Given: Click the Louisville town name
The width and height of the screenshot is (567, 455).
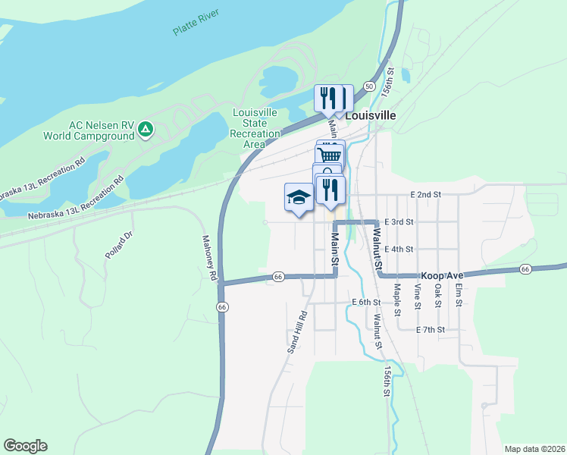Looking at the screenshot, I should click(x=371, y=117).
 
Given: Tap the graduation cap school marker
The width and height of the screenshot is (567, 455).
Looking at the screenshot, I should click(x=299, y=198).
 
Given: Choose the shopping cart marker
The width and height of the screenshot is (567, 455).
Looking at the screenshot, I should click(x=330, y=155).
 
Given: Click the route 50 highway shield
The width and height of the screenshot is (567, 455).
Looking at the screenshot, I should click(x=369, y=86).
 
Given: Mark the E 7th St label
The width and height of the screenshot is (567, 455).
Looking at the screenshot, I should click(x=430, y=330).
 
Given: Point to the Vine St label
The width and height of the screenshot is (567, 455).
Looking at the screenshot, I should click(x=418, y=297).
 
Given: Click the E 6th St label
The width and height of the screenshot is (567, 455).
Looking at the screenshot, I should click(x=366, y=302).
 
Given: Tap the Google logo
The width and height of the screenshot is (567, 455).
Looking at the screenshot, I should click(x=25, y=446).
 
